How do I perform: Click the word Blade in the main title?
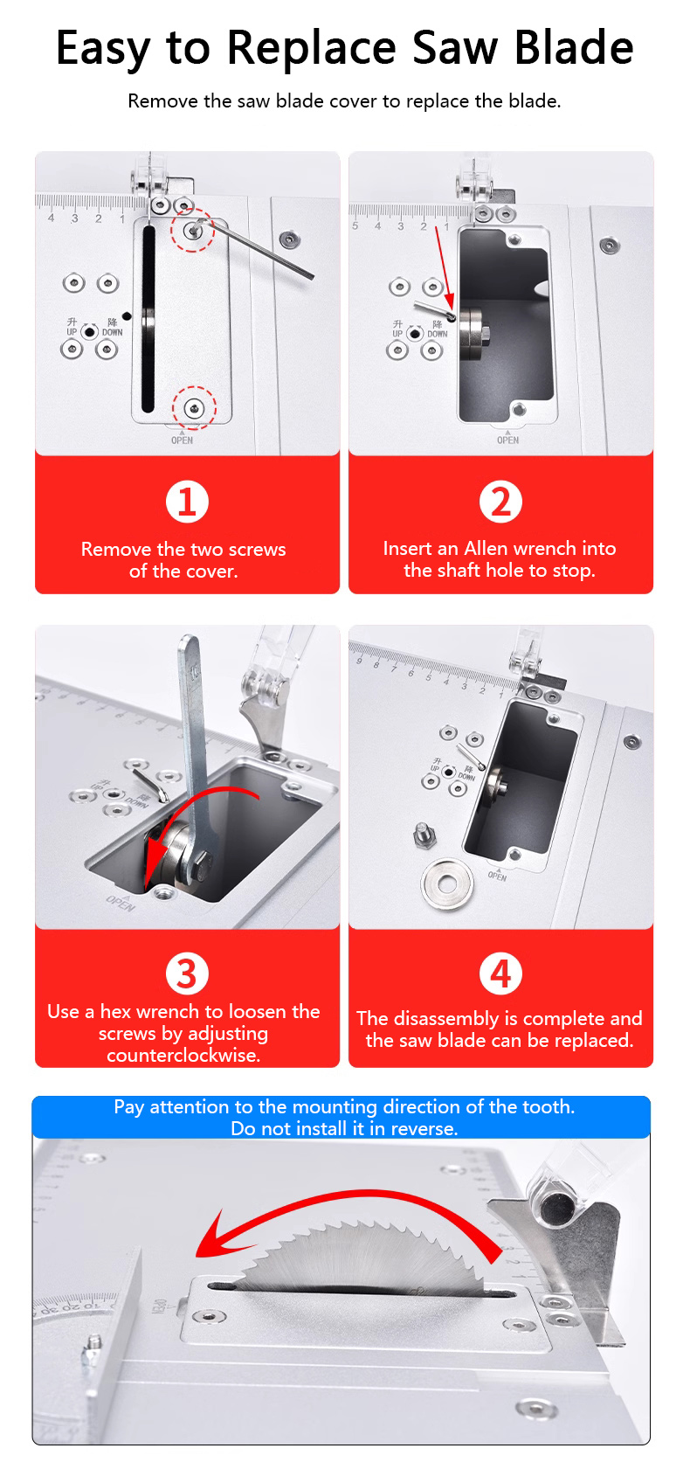tap(574, 48)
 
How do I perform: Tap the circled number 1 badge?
tap(187, 502)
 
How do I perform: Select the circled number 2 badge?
tap(500, 502)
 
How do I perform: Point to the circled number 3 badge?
tap(187, 974)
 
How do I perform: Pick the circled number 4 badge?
tap(500, 974)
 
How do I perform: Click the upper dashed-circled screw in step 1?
tap(192, 230)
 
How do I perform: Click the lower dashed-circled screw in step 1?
tap(194, 409)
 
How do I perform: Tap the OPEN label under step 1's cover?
tap(182, 440)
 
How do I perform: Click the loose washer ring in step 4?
tap(447, 884)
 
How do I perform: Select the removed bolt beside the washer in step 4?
tap(424, 835)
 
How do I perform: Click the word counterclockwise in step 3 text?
tap(183, 1055)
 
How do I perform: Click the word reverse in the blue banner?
tap(424, 1128)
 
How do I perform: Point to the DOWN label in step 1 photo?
tap(112, 332)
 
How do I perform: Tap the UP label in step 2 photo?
tap(397, 334)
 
